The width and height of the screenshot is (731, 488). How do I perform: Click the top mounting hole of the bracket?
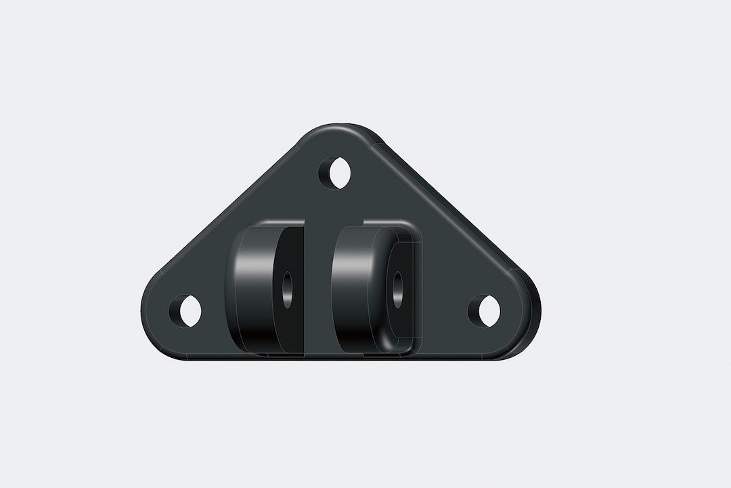point(337,172)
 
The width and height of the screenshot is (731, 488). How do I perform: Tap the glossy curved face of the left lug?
point(250,285)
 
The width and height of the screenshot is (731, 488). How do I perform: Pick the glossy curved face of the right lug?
point(359,285)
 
